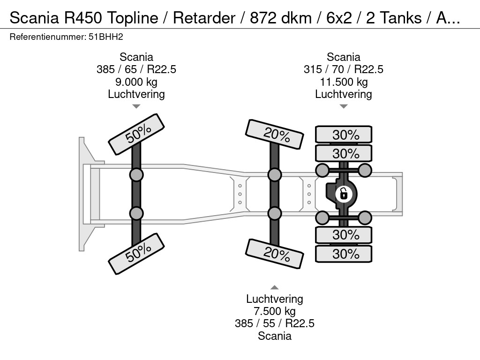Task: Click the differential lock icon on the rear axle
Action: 344,193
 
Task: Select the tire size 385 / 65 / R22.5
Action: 136,69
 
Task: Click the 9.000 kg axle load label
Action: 136,82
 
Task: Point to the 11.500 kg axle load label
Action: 344,82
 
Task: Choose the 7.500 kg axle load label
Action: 275,311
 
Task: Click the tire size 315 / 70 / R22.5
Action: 344,69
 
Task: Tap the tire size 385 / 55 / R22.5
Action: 275,323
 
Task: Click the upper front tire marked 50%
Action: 137,134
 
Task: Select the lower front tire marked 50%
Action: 137,254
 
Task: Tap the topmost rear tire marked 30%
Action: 344,135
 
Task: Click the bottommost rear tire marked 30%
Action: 344,254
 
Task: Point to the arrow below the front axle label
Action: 136,106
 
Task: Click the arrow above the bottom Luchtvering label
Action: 275,287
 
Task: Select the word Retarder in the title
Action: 204,18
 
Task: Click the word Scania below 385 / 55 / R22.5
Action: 275,336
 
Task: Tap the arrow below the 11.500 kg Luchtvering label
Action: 344,106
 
